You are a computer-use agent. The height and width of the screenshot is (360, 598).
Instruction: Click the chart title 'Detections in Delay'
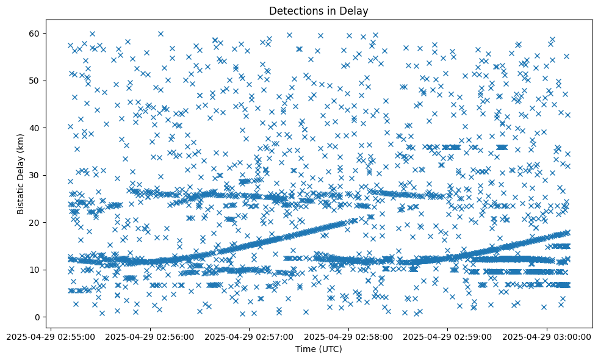pos(319,11)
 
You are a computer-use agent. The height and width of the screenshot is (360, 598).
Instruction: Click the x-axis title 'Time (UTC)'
pos(319,349)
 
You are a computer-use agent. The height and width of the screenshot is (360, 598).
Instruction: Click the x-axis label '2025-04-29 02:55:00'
pos(51,336)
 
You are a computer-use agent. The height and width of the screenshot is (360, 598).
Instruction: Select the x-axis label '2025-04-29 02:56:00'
pos(150,336)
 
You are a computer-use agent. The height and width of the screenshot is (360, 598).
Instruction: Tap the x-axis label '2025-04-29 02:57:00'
pos(250,336)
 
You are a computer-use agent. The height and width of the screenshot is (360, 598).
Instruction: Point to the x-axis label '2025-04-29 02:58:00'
pos(348,336)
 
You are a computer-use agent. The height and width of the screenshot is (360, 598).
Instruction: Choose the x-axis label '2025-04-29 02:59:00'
pos(448,336)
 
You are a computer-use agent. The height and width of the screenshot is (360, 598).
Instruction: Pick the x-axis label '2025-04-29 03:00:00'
pos(547,336)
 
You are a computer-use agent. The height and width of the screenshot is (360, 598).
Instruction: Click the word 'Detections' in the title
pos(294,11)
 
